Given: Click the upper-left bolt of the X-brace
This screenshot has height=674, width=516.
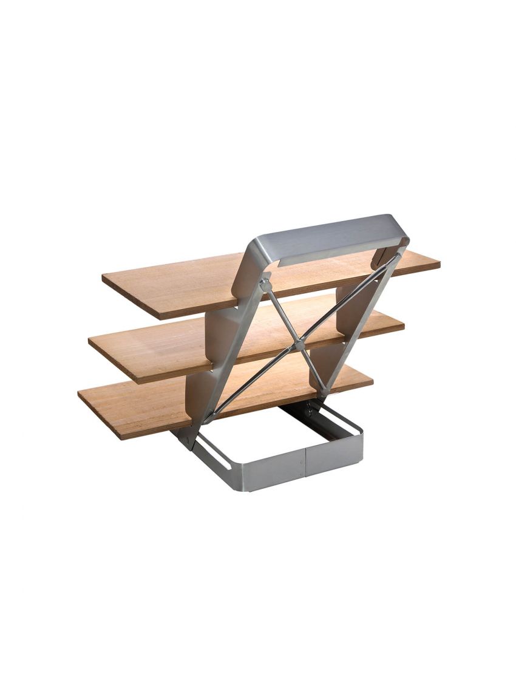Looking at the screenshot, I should (x=265, y=283).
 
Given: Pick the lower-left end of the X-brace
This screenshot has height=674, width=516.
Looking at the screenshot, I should (x=209, y=418).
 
